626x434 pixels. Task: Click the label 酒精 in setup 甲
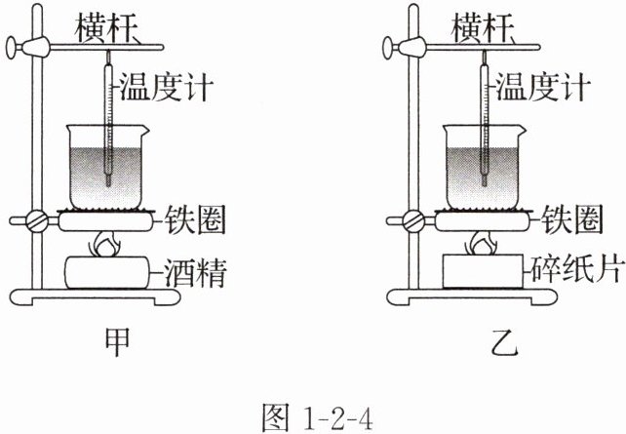pyautogui.click(x=196, y=272)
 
